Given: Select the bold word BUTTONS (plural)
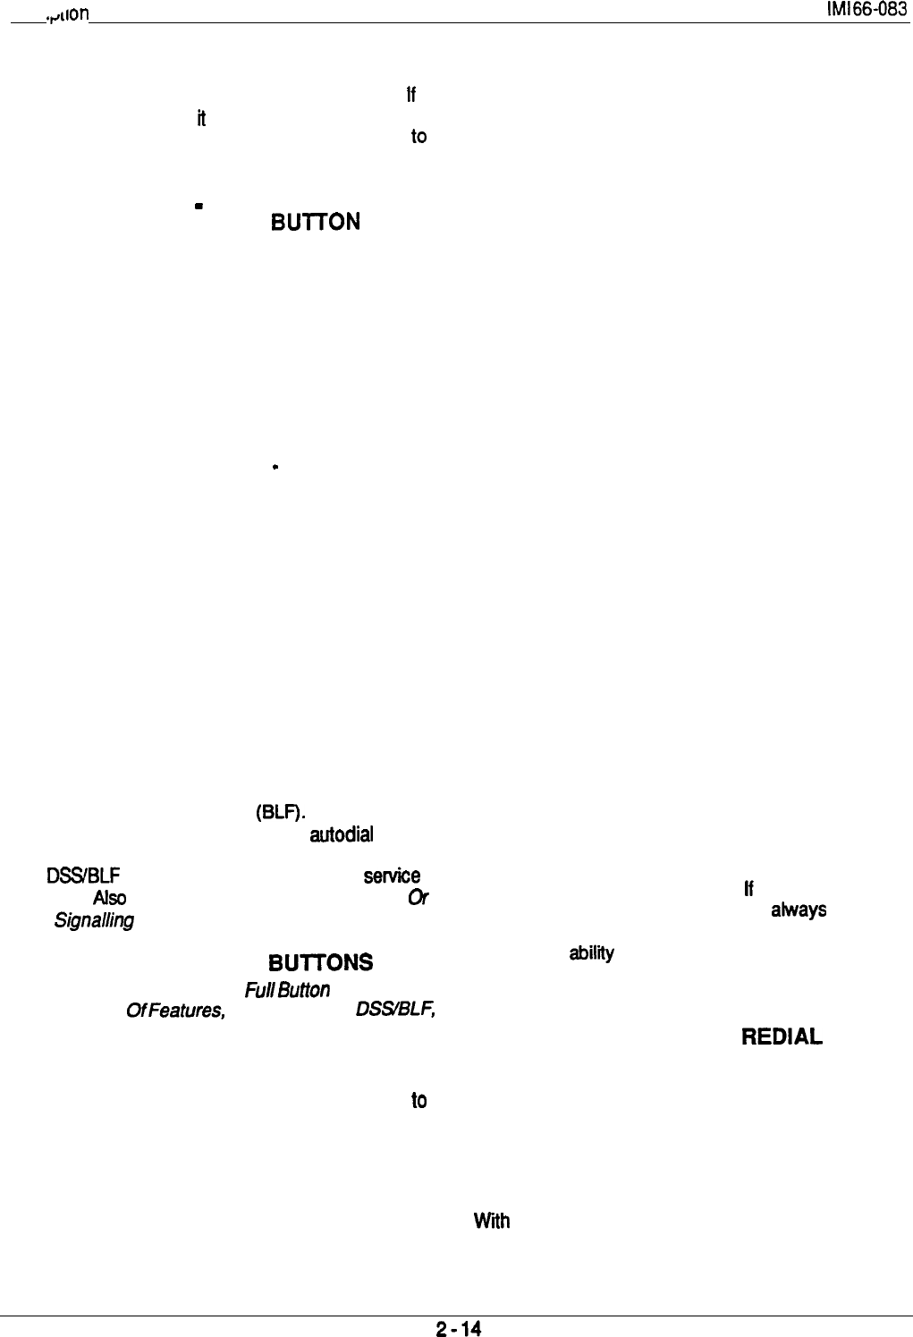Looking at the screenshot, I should coord(320,962).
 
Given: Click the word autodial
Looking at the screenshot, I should coord(341,836).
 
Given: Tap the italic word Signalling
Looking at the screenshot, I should coord(106,919).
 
